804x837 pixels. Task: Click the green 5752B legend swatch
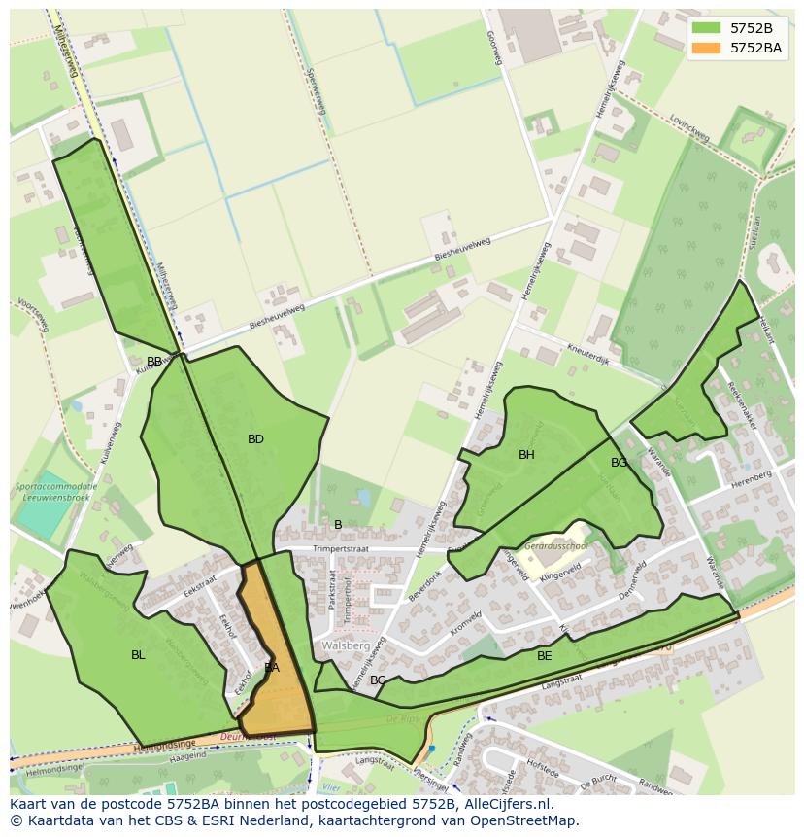(706, 28)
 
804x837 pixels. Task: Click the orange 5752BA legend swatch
(706, 47)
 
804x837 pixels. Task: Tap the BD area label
(255, 439)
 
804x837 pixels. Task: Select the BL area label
(138, 655)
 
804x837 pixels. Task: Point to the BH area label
(526, 455)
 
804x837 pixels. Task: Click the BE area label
(545, 656)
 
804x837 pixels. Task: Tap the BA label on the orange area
(272, 668)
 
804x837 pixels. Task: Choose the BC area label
(378, 680)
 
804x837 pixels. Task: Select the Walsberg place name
(346, 645)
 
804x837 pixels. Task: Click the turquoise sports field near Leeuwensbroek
(43, 519)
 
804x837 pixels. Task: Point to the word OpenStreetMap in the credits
(525, 820)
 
